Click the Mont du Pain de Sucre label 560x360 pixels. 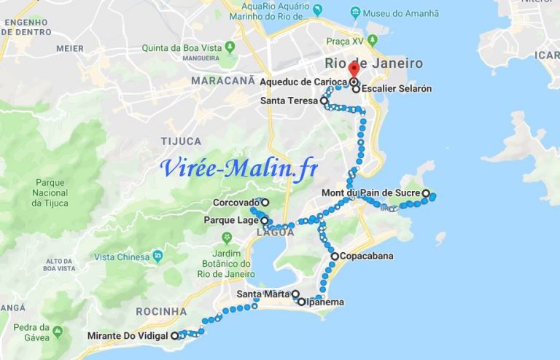click(371, 193)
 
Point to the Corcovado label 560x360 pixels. click(236, 203)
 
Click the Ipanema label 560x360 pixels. click(324, 302)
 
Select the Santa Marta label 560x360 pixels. click(263, 294)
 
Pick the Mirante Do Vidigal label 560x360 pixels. click(128, 336)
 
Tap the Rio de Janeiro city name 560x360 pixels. click(373, 63)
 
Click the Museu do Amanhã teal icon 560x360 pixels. click(355, 12)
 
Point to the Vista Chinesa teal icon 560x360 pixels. click(157, 257)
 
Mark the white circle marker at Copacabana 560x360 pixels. click(334, 257)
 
